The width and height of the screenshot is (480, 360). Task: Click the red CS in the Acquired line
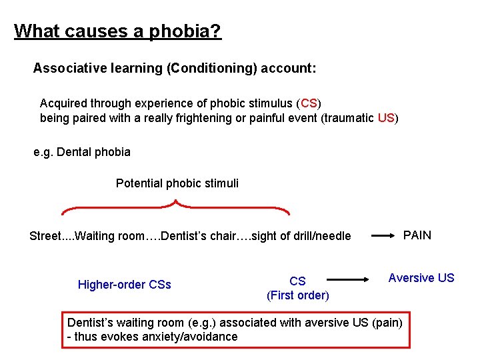click(x=309, y=103)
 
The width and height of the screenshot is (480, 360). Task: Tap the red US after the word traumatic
click(x=386, y=119)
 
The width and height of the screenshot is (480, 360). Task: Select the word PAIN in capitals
click(x=417, y=235)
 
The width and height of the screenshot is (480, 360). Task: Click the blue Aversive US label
click(x=421, y=278)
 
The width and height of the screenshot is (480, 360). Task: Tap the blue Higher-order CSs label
click(x=125, y=285)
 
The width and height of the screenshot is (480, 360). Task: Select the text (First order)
click(x=297, y=295)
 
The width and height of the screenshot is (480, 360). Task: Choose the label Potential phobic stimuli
click(x=177, y=183)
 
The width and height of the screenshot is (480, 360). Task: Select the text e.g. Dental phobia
click(x=82, y=152)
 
